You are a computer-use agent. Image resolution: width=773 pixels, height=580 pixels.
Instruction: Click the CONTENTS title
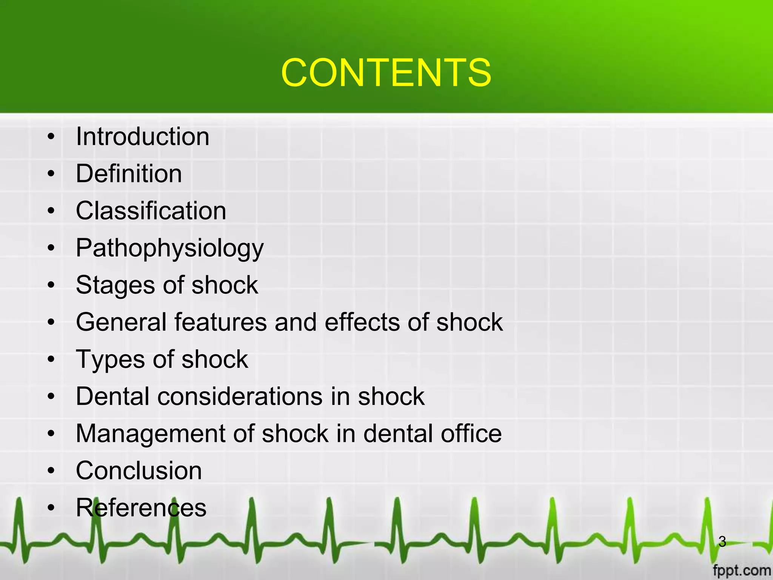(386, 72)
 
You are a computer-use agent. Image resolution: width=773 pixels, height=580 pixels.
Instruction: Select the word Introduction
(142, 136)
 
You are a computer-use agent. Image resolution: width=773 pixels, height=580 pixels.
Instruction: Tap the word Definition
(129, 174)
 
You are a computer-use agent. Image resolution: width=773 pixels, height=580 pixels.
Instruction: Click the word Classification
(151, 211)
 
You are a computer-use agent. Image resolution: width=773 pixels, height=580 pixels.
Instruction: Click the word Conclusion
(139, 471)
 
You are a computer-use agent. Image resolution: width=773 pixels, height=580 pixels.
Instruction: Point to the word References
(141, 508)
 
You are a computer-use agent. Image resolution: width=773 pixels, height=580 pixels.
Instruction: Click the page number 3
(722, 541)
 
